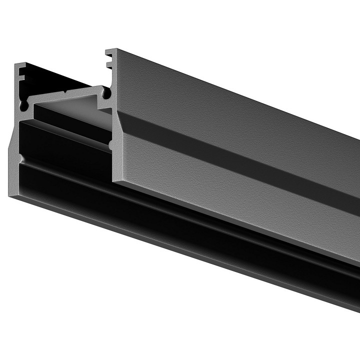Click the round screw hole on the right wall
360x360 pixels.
point(106,92)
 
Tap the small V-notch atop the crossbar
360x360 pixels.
point(65,92)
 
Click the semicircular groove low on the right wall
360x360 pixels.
point(111,145)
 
